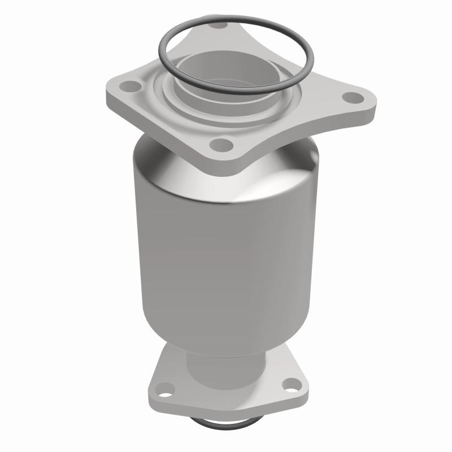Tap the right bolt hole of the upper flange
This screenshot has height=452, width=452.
354,98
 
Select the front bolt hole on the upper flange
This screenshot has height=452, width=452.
224,145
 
